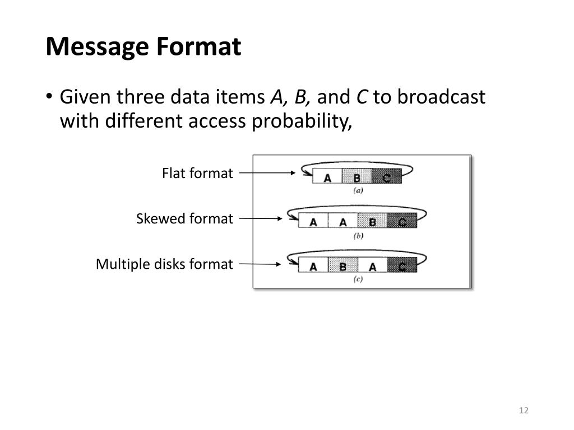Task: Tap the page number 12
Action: click(524, 410)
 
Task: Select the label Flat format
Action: click(197, 174)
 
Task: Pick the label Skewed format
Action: click(184, 219)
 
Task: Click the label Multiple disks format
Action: click(164, 264)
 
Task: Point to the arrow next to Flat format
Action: click(267, 174)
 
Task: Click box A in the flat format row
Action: click(327, 178)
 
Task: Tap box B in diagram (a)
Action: click(357, 178)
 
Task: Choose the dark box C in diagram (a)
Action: click(387, 178)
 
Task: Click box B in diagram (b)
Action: click(372, 222)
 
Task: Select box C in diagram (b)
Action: click(402, 222)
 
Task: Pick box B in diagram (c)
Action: click(342, 267)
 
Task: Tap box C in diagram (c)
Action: click(402, 267)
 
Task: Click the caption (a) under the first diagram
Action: click(358, 191)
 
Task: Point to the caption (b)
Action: click(358, 236)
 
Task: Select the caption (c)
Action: click(358, 279)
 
